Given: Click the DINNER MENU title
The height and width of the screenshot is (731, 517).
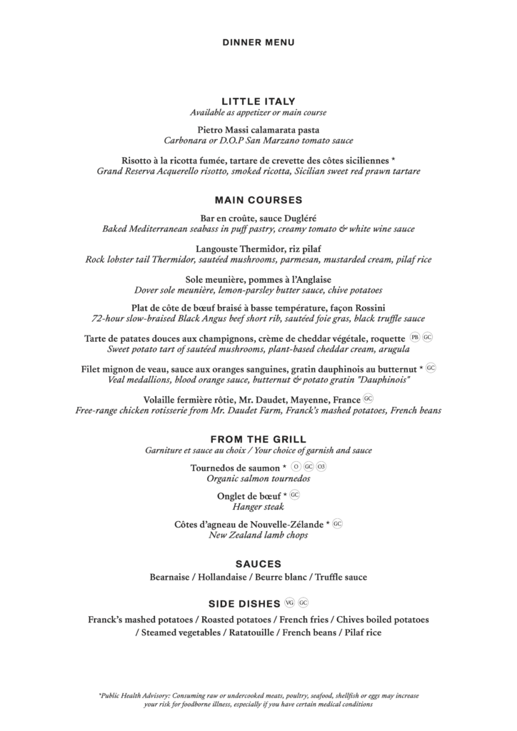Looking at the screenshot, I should tap(258, 43).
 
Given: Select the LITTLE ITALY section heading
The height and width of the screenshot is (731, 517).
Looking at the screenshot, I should tap(258, 102).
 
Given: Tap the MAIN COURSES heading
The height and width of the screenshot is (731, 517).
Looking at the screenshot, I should tap(258, 201).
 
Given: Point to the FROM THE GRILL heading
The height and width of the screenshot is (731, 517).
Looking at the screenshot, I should tap(258, 439).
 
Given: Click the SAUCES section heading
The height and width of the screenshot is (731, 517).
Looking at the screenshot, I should tap(258, 564).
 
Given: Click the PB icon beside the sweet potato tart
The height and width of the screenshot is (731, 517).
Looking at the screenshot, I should tap(415, 337).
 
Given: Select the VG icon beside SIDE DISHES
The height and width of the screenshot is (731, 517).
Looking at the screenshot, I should tap(289, 602).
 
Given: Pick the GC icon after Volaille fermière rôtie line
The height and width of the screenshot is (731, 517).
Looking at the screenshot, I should tap(368, 398).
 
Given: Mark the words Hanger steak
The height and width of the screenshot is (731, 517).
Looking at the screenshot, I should tap(258, 508).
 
